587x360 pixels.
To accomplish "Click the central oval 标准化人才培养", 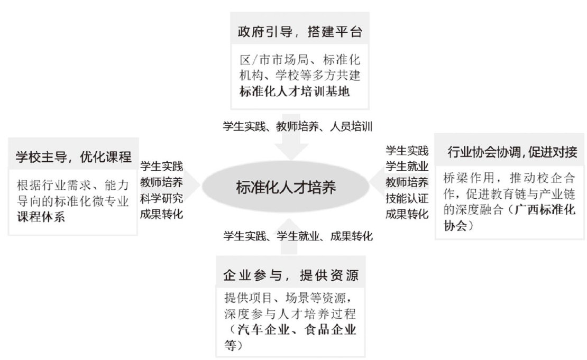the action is pyautogui.click(x=286, y=188).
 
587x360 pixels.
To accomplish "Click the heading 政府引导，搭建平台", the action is pyautogui.click(x=299, y=32).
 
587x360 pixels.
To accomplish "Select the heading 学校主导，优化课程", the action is pyautogui.click(x=73, y=156).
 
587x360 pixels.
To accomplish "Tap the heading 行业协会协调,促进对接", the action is pyautogui.click(x=511, y=153).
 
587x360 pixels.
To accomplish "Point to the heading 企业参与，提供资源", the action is pyautogui.click(x=290, y=275).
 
